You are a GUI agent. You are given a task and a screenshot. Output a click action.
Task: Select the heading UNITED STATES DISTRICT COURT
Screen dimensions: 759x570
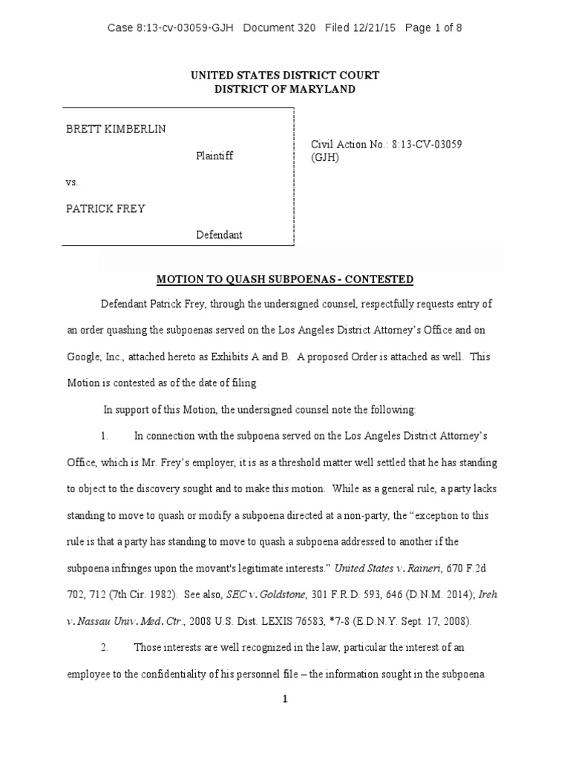(285, 76)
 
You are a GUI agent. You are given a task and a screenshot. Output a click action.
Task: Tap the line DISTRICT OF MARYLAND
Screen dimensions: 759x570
(285, 89)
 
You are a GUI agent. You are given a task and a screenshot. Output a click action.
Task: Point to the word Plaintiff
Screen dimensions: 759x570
(214, 156)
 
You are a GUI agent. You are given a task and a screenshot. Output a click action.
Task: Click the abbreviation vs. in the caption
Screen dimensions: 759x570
(72, 182)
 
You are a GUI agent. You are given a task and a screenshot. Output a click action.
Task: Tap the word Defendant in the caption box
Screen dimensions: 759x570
(219, 235)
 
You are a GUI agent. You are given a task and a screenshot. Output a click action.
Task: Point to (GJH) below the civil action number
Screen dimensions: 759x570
(325, 158)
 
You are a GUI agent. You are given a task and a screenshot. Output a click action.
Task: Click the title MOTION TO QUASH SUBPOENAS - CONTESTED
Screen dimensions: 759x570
(284, 279)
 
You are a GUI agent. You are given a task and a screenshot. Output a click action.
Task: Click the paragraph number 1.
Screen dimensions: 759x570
(105, 436)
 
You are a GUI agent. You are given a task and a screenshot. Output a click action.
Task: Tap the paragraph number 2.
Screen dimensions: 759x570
(105, 647)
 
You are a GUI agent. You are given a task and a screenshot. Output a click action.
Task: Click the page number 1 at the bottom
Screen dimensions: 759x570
(284, 700)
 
